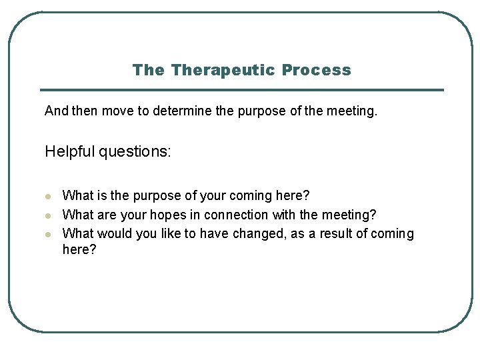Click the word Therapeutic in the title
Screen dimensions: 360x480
223,70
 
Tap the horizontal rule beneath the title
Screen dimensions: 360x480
241,90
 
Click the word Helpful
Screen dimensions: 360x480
69,152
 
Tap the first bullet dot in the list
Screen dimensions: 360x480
48,197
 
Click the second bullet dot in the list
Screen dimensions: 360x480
48,215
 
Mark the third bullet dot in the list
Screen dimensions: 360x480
48,234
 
